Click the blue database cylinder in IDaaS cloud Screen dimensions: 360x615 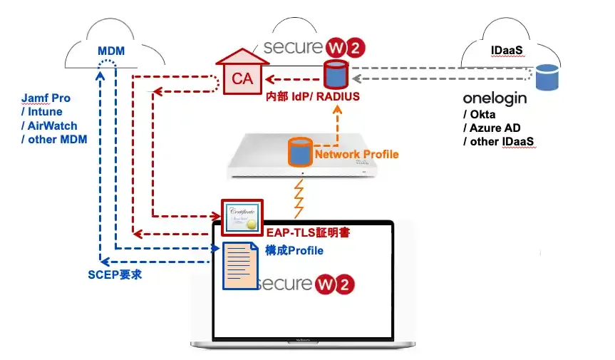[x=547, y=78]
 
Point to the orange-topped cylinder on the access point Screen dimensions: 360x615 [x=299, y=152]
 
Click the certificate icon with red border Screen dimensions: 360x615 [x=242, y=216]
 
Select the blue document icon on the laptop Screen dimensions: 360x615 [x=239, y=265]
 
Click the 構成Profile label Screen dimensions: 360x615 [x=294, y=250]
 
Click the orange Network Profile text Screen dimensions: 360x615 [x=356, y=154]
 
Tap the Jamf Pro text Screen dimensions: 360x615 [x=46, y=98]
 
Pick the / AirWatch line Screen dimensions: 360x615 [x=50, y=125]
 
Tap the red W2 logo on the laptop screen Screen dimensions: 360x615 [x=336, y=283]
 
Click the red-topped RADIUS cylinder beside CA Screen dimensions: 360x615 [x=335, y=74]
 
